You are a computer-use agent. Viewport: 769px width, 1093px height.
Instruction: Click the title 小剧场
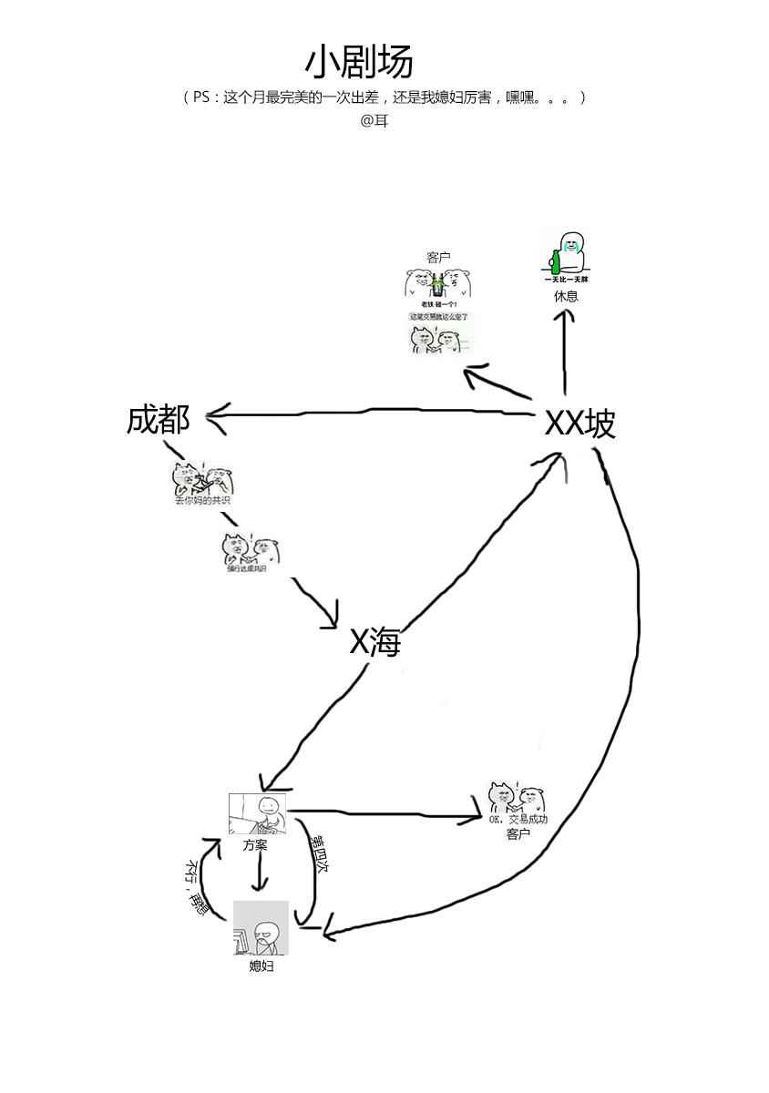359,62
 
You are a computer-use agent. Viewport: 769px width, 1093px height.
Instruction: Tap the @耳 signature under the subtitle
374,120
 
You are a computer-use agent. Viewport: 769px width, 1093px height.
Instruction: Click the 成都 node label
159,420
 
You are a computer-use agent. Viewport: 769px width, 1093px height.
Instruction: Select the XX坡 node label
579,424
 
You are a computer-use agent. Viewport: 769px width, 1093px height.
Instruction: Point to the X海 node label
375,643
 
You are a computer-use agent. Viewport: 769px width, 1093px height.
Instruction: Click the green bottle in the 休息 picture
554,260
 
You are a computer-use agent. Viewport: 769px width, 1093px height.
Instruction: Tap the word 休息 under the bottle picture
566,296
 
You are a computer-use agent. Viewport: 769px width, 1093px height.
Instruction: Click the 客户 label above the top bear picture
438,258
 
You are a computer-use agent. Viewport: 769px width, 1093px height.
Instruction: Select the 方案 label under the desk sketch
255,845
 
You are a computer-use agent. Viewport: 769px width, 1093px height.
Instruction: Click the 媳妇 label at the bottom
261,966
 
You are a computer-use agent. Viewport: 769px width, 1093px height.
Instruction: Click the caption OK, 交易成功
518,820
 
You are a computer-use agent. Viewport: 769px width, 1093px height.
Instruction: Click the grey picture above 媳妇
261,928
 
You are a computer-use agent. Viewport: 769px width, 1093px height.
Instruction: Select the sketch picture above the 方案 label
257,814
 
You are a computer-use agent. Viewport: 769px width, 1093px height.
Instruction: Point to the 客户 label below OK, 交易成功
518,833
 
